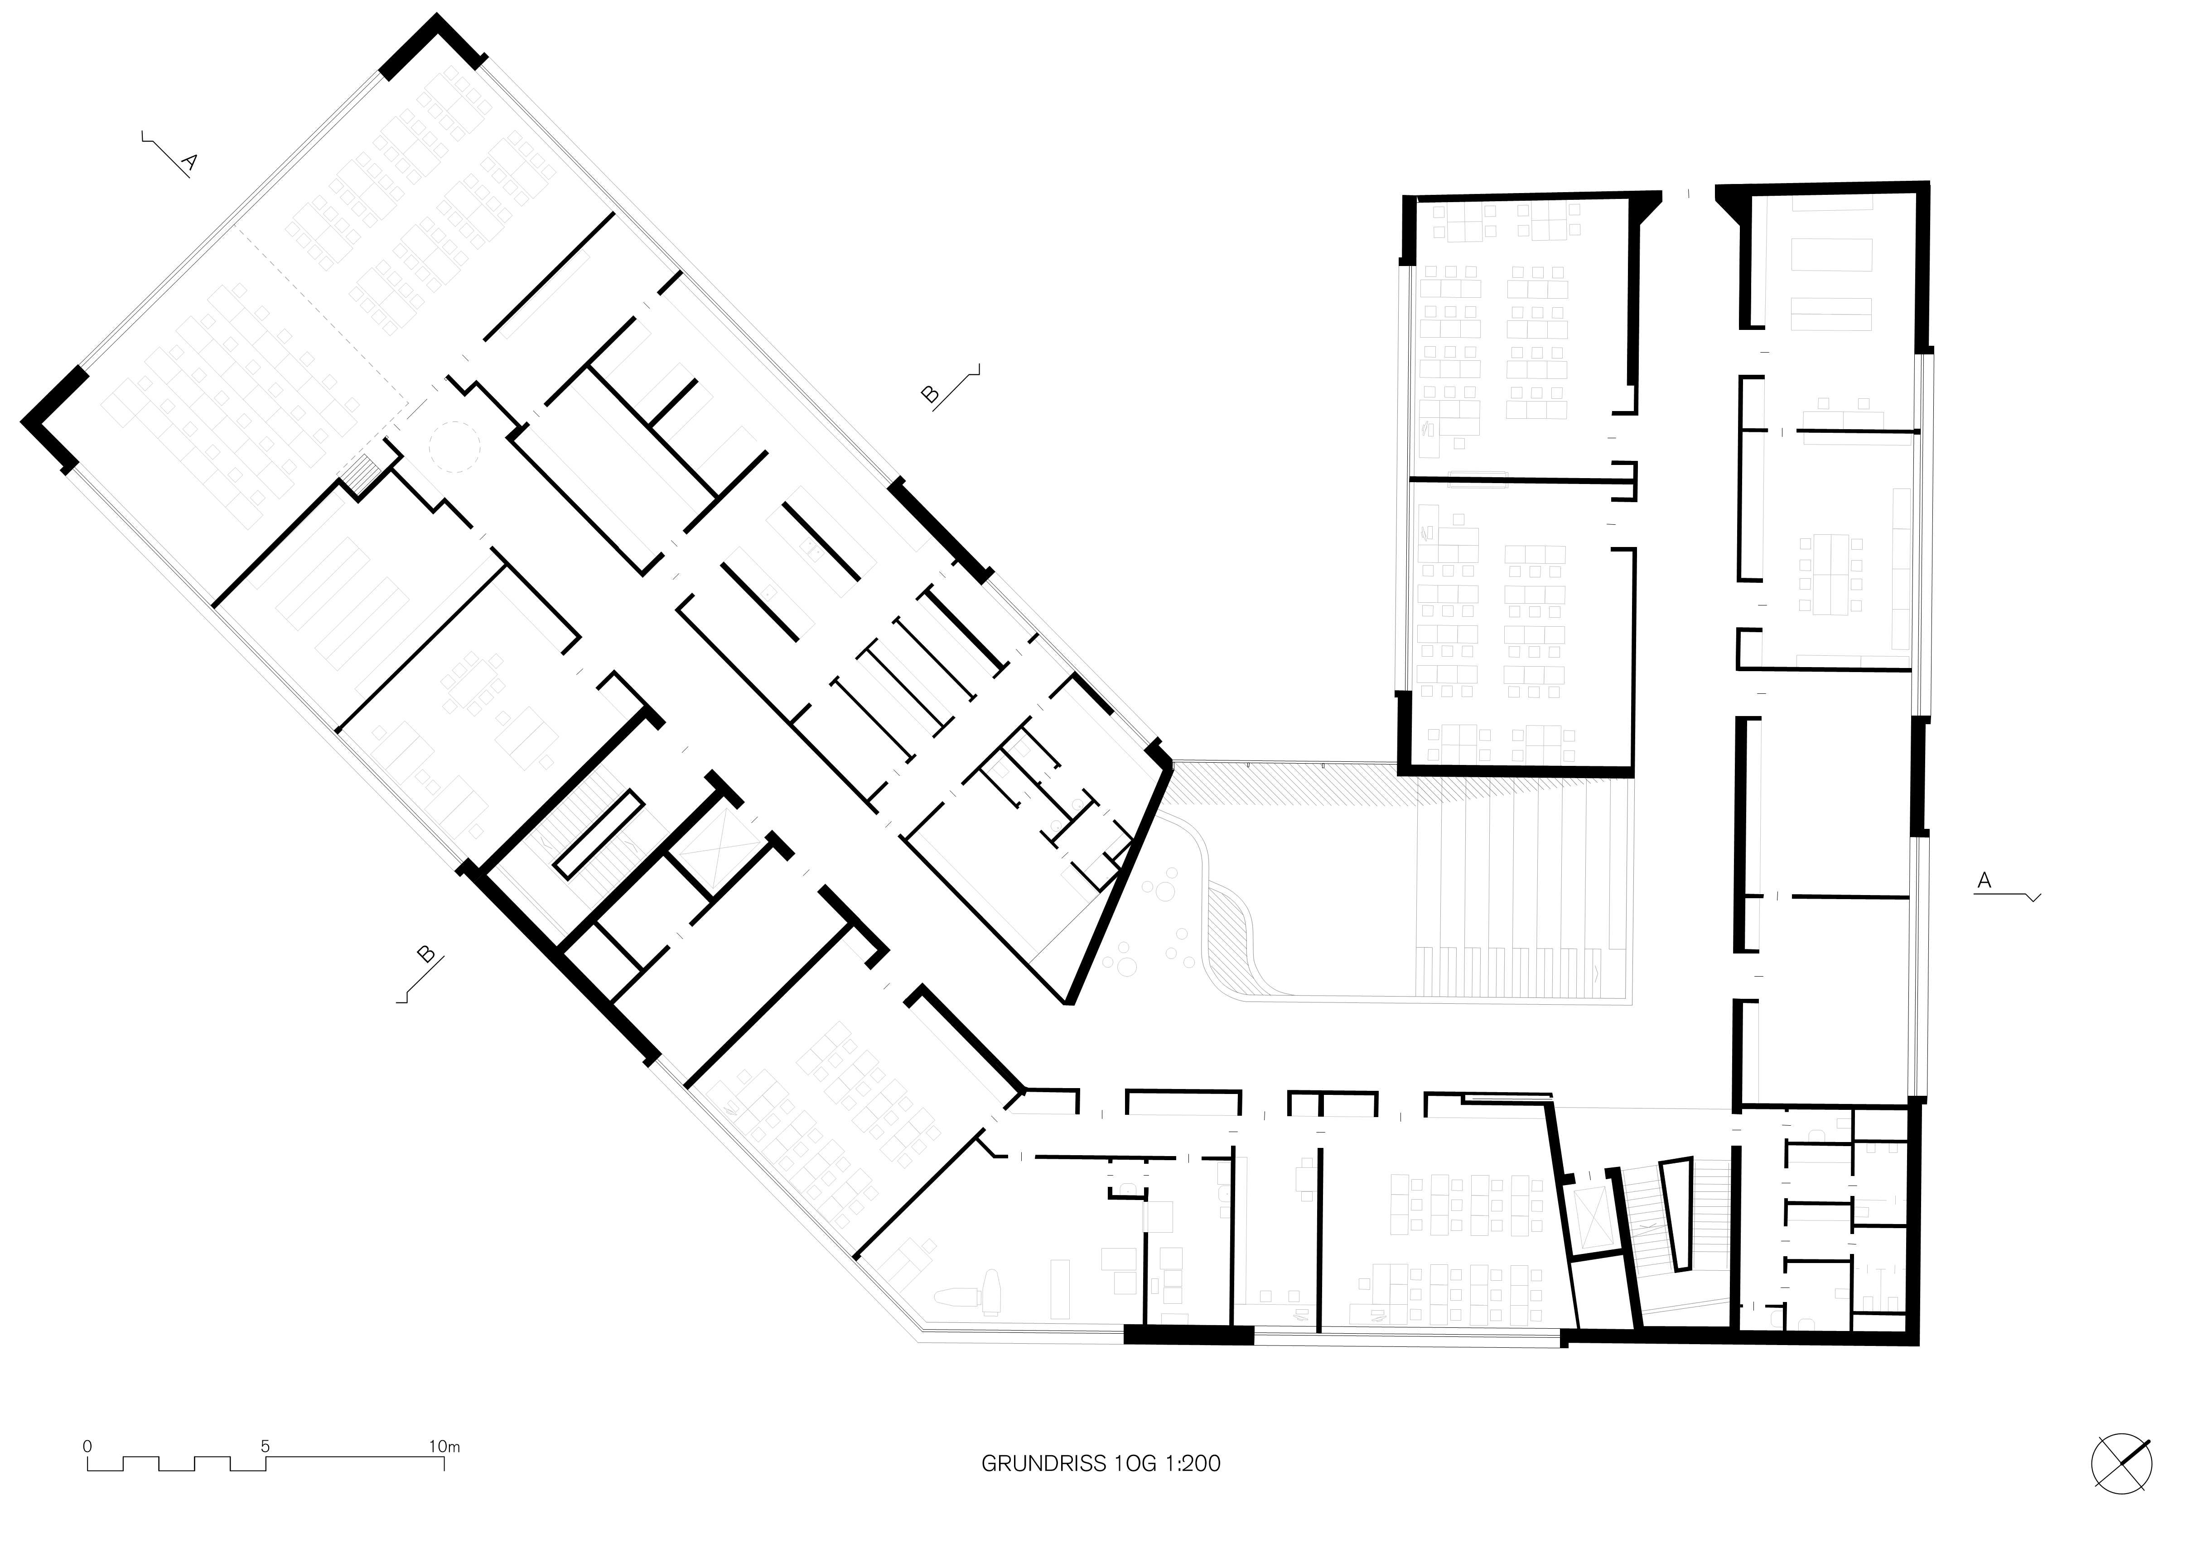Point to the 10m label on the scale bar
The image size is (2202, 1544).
pos(444,1446)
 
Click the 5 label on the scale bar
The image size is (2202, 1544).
pos(266,1446)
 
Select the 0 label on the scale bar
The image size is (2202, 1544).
pos(87,1446)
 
